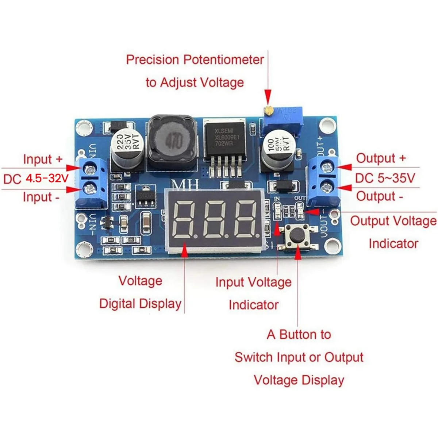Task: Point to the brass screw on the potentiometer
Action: [269, 109]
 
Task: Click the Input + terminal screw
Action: [89, 169]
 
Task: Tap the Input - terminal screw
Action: [89, 188]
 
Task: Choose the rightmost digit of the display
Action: [247, 219]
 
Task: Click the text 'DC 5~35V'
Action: [385, 178]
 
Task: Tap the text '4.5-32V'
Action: [47, 178]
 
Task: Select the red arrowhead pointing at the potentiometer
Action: [268, 98]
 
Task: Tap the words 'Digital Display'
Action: [140, 303]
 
